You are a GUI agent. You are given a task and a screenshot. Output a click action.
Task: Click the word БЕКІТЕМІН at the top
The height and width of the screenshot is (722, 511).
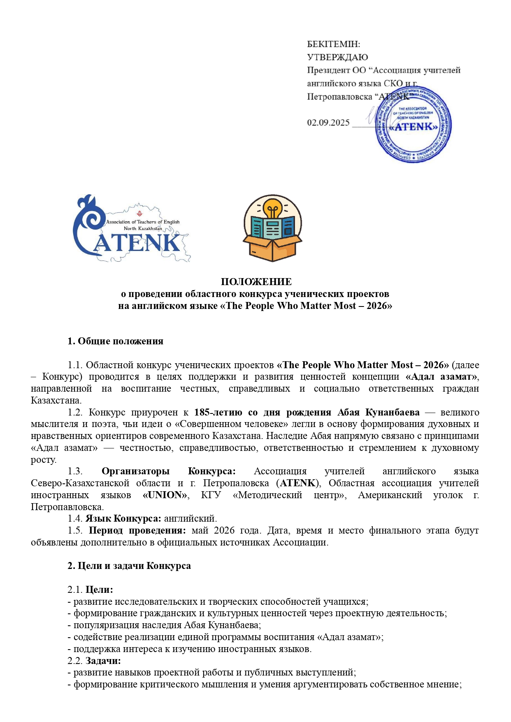pyautogui.click(x=333, y=44)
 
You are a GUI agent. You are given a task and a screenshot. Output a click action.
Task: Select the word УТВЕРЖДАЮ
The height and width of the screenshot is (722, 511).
pyautogui.click(x=337, y=57)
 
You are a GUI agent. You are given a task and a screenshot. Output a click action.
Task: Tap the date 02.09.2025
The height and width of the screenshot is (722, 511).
pyautogui.click(x=328, y=123)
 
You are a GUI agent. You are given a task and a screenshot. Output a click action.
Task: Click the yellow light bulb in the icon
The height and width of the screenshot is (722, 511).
pyautogui.click(x=272, y=208)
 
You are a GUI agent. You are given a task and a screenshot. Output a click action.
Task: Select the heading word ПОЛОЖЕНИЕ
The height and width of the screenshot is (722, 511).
pyautogui.click(x=256, y=282)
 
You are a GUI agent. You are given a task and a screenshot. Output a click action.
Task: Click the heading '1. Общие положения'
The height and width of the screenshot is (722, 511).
pyautogui.click(x=115, y=341)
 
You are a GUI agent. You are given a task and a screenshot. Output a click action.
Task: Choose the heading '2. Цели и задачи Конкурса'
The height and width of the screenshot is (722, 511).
pyautogui.click(x=129, y=566)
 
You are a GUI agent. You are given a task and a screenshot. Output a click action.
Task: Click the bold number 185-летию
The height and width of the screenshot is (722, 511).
pyautogui.click(x=218, y=412)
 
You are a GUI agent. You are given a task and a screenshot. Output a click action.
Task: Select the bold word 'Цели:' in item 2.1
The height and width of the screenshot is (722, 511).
pyautogui.click(x=99, y=590)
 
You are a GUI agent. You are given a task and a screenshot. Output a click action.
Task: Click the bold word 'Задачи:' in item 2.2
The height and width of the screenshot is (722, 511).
pyautogui.click(x=103, y=661)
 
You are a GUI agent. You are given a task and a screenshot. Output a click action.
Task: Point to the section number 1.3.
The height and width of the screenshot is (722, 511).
pyautogui.click(x=75, y=471)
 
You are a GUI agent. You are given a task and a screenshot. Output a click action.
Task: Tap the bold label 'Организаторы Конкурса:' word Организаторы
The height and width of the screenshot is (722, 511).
pyautogui.click(x=135, y=471)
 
